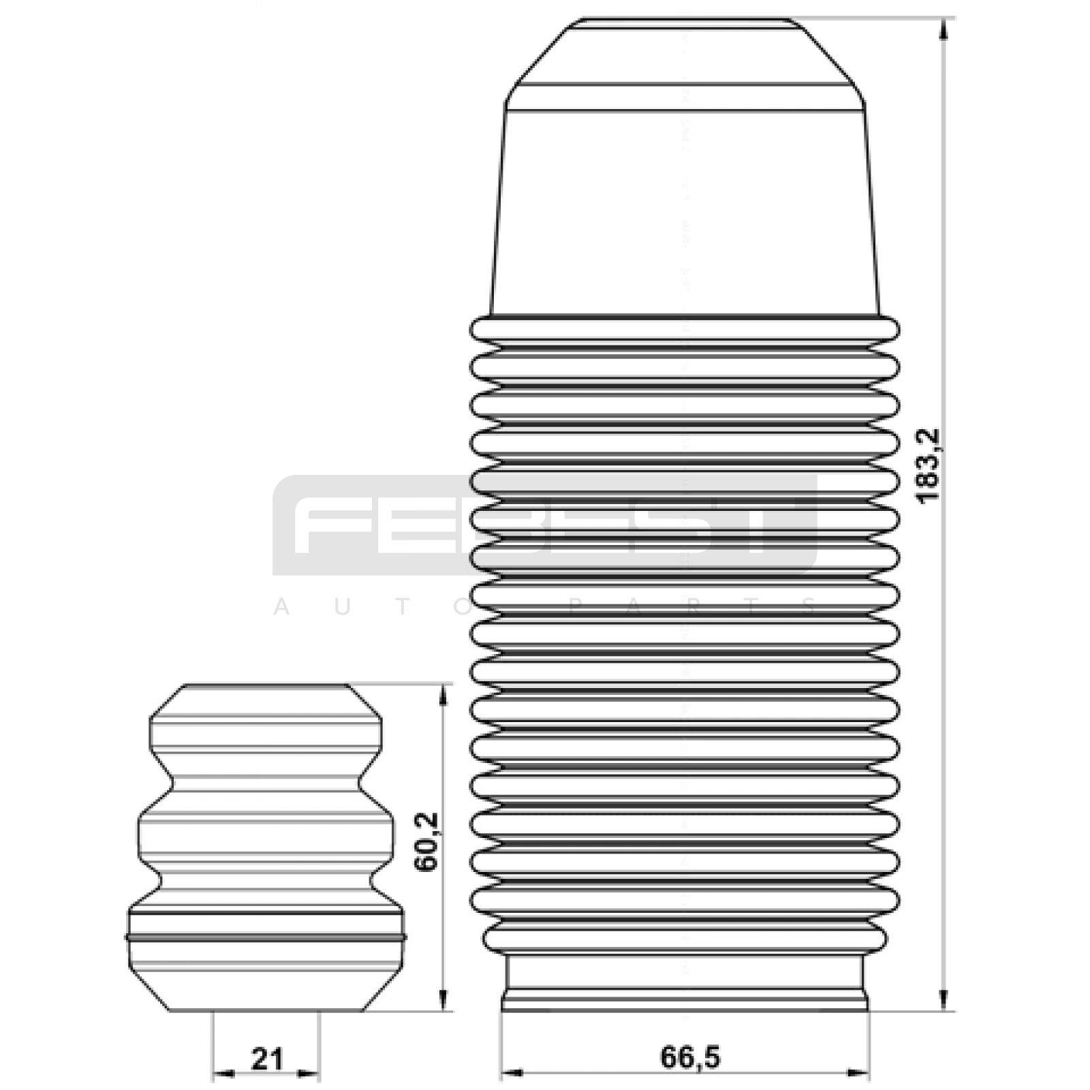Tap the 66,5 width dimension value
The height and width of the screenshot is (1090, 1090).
click(689, 1057)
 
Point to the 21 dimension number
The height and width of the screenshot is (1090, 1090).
click(266, 1059)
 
